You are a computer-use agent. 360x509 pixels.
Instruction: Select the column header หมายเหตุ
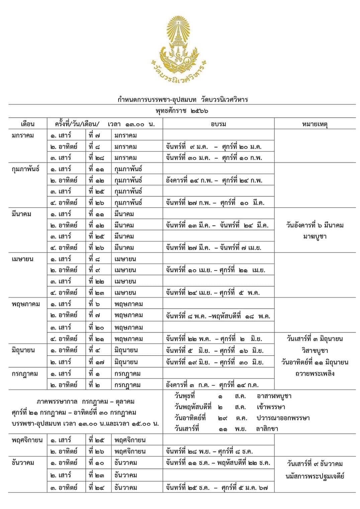point(314,124)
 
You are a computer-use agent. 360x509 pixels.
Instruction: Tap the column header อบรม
point(218,124)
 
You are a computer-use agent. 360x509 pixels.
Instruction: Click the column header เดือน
point(27,124)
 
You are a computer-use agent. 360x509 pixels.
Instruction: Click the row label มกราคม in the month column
point(23,135)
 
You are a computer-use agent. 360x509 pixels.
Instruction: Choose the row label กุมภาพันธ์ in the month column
point(25,169)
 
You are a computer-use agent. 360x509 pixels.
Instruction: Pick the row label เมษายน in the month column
point(22,259)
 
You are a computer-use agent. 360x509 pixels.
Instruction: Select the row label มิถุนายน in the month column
point(23,350)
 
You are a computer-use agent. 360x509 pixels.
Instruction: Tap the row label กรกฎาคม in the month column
point(24,374)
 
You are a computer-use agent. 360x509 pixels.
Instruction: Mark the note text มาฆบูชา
point(314,236)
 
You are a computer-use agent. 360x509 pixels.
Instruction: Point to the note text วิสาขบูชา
point(314,350)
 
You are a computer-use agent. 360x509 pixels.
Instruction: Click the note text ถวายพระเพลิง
point(314,373)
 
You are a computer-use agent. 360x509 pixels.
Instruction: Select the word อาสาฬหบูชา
point(274,396)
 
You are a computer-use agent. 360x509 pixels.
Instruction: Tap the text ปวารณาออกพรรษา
point(283,418)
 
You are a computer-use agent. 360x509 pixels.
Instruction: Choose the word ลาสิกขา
point(267,428)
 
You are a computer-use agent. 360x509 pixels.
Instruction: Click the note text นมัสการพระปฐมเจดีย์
point(314,476)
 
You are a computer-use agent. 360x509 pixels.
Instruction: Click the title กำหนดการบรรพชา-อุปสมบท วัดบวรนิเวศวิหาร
point(183,99)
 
